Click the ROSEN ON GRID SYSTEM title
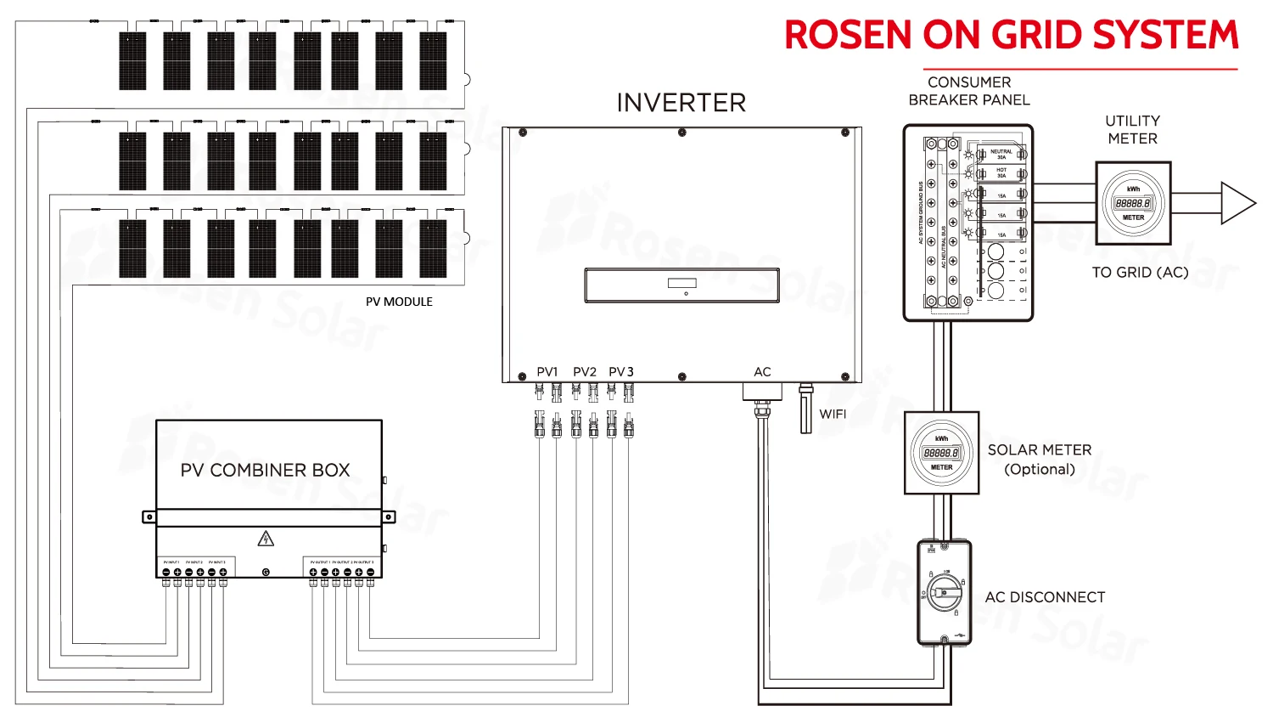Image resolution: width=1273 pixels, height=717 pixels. [x=1011, y=36]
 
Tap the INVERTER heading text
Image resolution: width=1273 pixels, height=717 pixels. [x=681, y=103]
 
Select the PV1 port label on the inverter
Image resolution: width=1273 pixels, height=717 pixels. [x=547, y=372]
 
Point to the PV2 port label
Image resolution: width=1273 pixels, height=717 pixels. [x=585, y=372]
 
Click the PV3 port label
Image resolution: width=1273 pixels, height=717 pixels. [x=621, y=372]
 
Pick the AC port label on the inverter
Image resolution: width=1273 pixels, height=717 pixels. [x=762, y=372]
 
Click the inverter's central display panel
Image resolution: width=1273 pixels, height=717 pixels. [x=681, y=285]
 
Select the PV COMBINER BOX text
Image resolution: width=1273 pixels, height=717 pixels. [x=265, y=470]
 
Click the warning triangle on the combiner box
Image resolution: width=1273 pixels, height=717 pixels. [x=266, y=539]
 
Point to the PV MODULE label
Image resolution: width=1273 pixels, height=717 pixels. [x=399, y=302]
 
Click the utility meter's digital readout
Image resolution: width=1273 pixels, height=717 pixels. [x=1133, y=204]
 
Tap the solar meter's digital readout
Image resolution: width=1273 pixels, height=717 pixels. [x=941, y=454]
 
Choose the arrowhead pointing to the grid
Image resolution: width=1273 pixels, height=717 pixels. [x=1237, y=203]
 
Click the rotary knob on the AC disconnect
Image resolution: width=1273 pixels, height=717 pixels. [x=945, y=590]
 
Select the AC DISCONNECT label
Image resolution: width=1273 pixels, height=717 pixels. [x=1045, y=597]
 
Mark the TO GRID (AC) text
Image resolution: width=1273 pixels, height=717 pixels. [x=1140, y=272]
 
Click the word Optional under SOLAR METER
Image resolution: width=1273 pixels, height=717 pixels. [x=1040, y=469]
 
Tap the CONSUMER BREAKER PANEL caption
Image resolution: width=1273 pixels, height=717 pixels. [x=969, y=91]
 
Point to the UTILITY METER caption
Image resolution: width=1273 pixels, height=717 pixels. [x=1132, y=129]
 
